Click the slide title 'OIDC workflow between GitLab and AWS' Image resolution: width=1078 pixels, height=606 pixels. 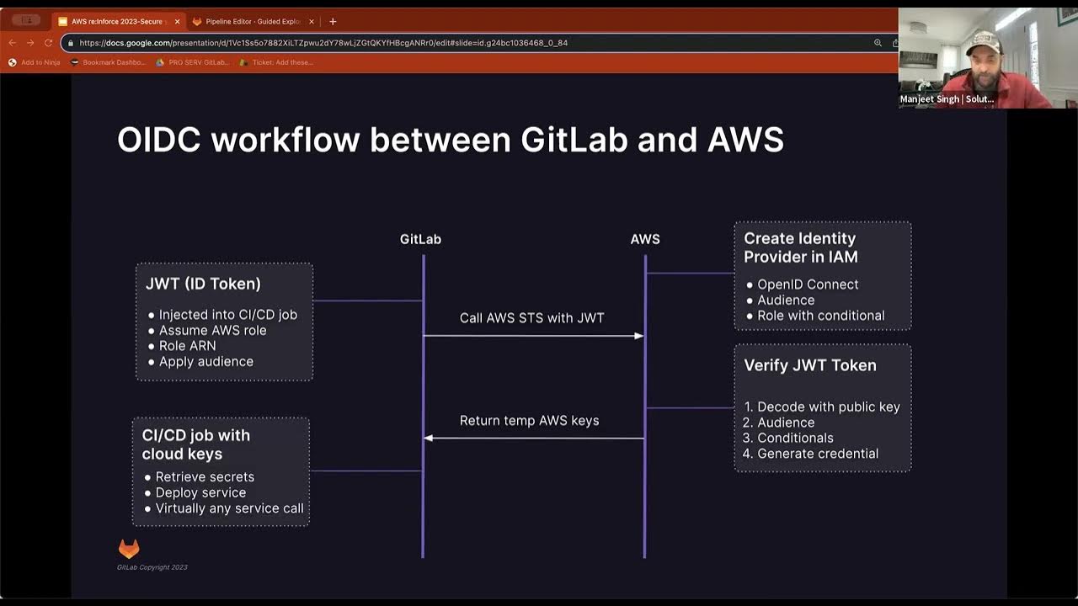[451, 140]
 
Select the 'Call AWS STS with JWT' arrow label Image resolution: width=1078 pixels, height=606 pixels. [531, 318]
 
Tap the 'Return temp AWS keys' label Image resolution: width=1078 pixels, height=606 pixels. [529, 421]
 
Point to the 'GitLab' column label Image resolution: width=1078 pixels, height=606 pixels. [420, 239]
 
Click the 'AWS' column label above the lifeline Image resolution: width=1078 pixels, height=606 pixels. [645, 239]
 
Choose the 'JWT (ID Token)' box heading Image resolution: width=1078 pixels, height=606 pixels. [203, 284]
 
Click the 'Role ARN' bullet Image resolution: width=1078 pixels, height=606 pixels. [187, 346]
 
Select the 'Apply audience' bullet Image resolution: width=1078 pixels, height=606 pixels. [205, 362]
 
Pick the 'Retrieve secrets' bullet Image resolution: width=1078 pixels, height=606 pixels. [205, 477]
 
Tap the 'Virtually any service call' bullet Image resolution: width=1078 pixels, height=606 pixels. [229, 508]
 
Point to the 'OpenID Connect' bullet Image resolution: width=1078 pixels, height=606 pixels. [808, 284]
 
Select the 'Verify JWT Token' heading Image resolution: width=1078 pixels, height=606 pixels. [809, 365]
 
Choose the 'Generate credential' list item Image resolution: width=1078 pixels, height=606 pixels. [817, 454]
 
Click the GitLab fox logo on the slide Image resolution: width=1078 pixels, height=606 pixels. [129, 549]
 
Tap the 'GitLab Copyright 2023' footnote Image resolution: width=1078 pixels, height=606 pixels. [152, 567]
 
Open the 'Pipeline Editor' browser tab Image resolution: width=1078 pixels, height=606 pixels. [253, 21]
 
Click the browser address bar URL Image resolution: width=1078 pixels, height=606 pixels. [323, 43]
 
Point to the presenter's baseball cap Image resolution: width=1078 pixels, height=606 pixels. [982, 40]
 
